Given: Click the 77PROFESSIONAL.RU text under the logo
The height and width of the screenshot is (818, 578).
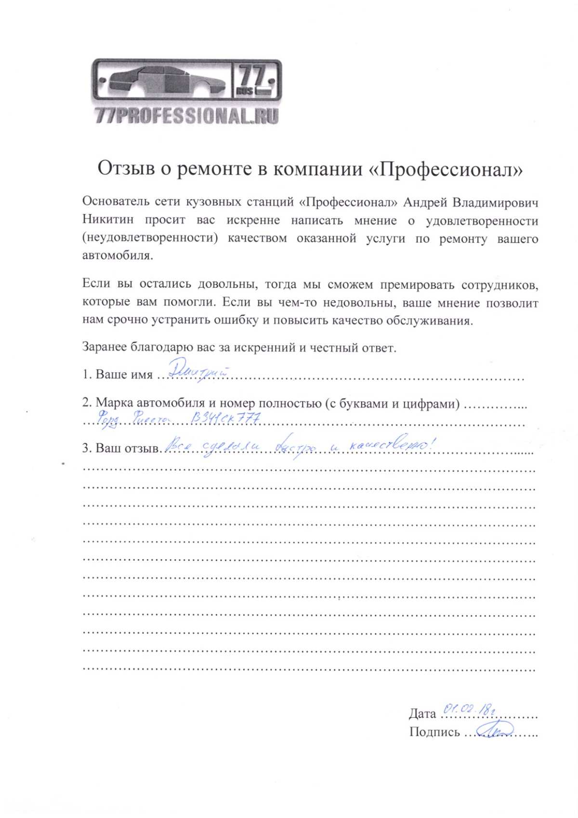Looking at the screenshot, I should [x=186, y=116].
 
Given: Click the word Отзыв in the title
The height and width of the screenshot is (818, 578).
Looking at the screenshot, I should [x=126, y=169].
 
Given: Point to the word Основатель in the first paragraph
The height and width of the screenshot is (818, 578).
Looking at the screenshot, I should [x=114, y=202].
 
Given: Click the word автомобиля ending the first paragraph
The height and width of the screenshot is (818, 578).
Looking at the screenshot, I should [x=117, y=255].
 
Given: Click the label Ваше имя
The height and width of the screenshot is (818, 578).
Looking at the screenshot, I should [x=124, y=375].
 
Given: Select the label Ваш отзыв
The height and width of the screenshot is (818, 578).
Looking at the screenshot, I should [x=127, y=448].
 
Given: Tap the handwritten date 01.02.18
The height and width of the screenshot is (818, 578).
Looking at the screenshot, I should [x=467, y=709].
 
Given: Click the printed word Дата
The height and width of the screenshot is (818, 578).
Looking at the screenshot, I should [x=422, y=713].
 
